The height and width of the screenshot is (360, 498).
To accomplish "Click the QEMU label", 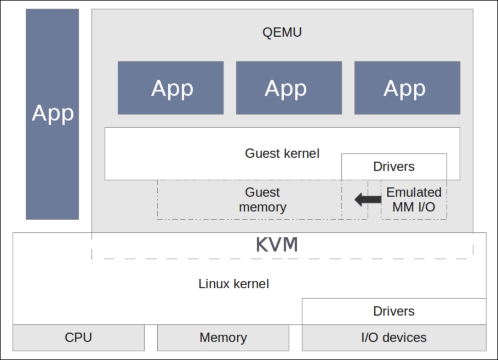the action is [x=282, y=32].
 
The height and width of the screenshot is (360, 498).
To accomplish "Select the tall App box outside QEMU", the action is [x=53, y=114].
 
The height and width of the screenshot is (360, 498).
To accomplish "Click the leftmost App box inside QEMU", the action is [x=170, y=88].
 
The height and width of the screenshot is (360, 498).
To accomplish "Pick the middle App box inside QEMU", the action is [x=289, y=88].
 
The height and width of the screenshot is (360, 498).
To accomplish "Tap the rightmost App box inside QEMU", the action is [x=407, y=88].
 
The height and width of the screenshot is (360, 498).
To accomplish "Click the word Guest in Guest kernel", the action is [x=262, y=153].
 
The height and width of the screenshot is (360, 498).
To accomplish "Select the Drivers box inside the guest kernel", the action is [x=394, y=167].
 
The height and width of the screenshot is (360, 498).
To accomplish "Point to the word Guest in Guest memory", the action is [x=262, y=192].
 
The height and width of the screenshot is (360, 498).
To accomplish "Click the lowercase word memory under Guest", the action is [x=262, y=207].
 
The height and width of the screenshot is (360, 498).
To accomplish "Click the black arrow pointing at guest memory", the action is [x=368, y=199].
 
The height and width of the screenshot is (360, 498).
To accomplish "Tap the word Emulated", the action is [x=414, y=192].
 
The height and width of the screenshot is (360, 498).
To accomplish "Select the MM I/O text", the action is [x=414, y=207].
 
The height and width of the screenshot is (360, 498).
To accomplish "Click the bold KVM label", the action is [x=277, y=245].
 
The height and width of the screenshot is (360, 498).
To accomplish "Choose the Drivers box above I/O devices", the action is [x=394, y=311].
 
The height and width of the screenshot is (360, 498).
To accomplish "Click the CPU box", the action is [x=78, y=338].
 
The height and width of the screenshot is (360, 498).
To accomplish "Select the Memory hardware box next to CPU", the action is [x=224, y=338].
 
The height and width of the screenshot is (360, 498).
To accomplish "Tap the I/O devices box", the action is [x=394, y=338].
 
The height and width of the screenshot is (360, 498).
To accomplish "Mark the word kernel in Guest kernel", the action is [x=301, y=153].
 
